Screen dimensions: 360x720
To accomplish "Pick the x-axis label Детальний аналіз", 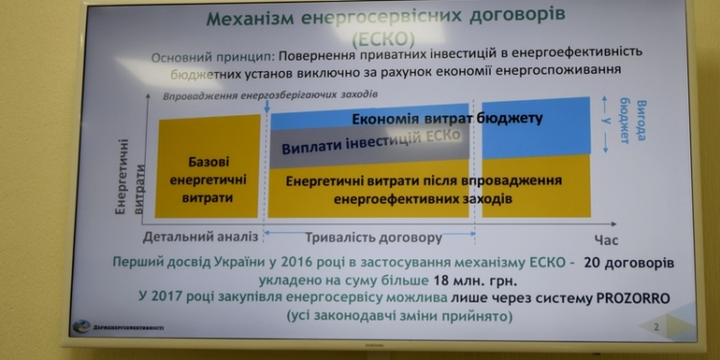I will click(201, 236).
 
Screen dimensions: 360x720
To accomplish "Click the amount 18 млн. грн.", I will click(465, 281).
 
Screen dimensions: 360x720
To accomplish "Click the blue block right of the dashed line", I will click(535, 126).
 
